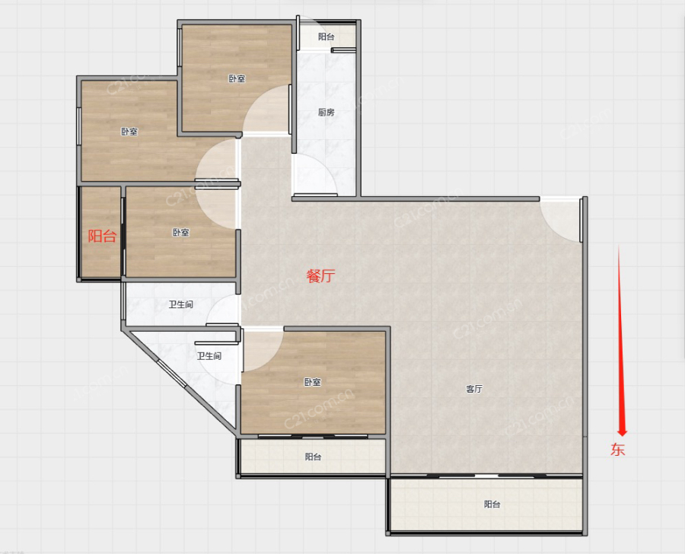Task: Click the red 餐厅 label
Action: [x=320, y=275]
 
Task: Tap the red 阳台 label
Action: [x=102, y=236]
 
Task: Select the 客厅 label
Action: [x=474, y=388]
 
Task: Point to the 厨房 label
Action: [x=326, y=113]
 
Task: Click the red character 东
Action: [x=618, y=449]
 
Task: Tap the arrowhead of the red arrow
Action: [x=622, y=432]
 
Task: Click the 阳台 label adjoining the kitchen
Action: [x=326, y=37]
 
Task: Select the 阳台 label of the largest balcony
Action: [x=492, y=505]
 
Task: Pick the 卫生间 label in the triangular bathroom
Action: [x=209, y=356]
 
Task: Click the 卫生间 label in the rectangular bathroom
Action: [x=181, y=304]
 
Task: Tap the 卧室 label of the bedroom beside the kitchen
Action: [x=237, y=78]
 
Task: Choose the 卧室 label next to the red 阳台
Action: [x=180, y=232]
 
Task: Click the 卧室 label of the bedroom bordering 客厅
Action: [x=312, y=382]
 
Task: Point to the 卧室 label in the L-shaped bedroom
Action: [x=129, y=132]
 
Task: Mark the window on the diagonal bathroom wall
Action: [x=172, y=373]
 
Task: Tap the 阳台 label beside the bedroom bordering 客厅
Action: [x=313, y=457]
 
